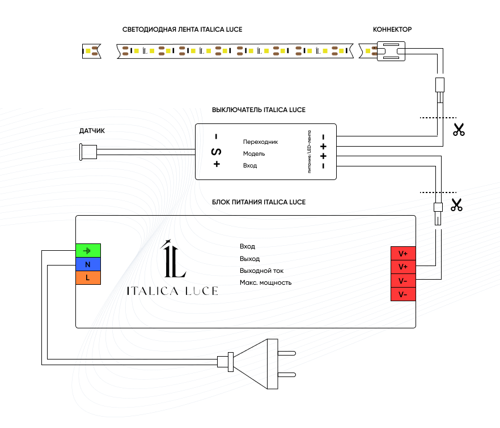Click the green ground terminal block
pyautogui.click(x=88, y=250)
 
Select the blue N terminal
pyautogui.click(x=88, y=264)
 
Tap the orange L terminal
pyautogui.click(x=88, y=277)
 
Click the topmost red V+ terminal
pyautogui.click(x=403, y=254)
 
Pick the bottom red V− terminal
pyautogui.click(x=403, y=294)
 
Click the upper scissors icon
pyautogui.click(x=459, y=130)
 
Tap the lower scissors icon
pyautogui.click(x=457, y=205)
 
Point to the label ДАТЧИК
pyautogui.click(x=92, y=131)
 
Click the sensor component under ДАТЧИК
pyautogui.click(x=88, y=152)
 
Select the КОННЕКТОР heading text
pyautogui.click(x=392, y=29)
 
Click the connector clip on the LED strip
pyautogui.click(x=391, y=51)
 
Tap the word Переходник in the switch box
pyautogui.click(x=261, y=142)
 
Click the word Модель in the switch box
pyautogui.click(x=254, y=154)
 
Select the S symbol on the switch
pyautogui.click(x=217, y=152)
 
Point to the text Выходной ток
pyautogui.click(x=261, y=271)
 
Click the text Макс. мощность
pyautogui.click(x=266, y=283)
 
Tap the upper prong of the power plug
pyautogui.click(x=287, y=353)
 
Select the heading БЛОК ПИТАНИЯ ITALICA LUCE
pyautogui.click(x=259, y=202)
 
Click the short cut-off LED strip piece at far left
pyautogui.click(x=92, y=51)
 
